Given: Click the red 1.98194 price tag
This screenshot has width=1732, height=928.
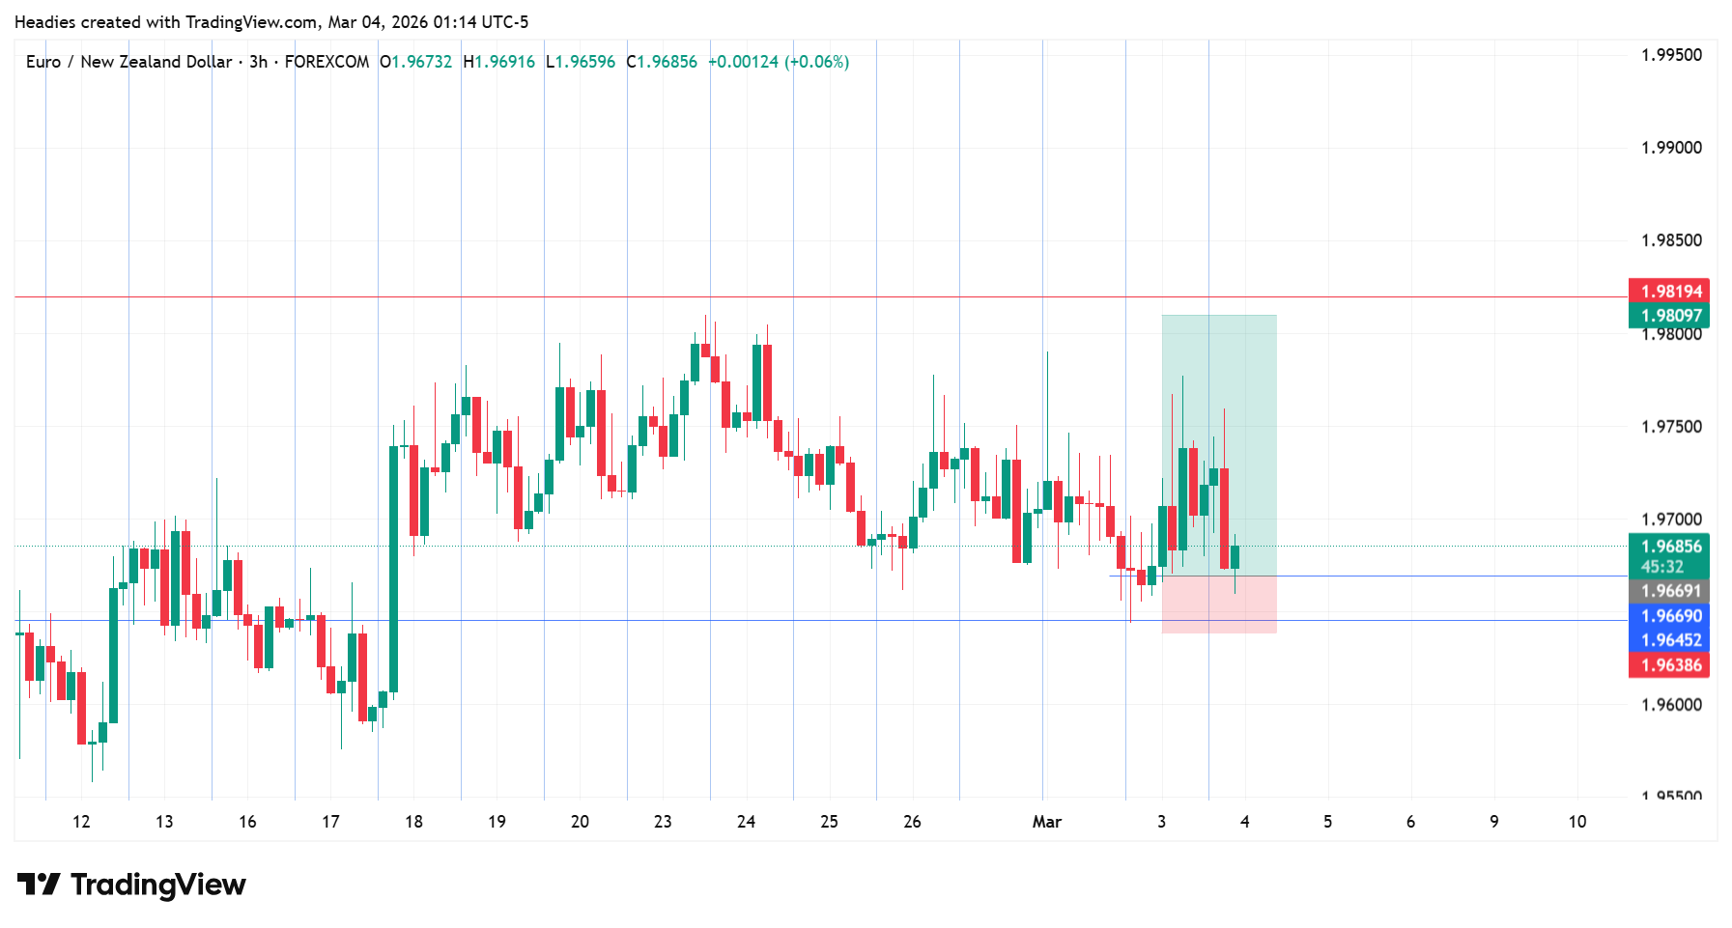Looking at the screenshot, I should (1670, 292).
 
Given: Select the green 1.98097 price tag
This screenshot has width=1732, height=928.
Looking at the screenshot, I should (1670, 316).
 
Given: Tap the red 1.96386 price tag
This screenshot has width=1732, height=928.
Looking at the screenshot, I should (1670, 665).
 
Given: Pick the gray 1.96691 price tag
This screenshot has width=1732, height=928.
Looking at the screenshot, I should (1670, 591).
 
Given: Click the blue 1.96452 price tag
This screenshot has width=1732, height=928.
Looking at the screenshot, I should (1670, 640).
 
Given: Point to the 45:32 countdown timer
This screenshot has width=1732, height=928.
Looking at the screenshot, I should (1661, 567).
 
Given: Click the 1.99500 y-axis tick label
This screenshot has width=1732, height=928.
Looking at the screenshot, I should (1671, 55).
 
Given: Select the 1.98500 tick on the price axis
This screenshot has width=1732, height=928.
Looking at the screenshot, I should (1671, 240).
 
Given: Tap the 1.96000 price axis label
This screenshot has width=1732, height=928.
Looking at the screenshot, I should (1671, 705).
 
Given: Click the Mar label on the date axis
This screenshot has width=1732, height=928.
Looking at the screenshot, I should (1046, 822).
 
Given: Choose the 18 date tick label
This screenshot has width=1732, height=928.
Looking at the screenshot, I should (413, 822).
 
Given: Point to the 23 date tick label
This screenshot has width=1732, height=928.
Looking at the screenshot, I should (663, 822).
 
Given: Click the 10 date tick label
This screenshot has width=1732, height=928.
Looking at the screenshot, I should (1576, 822).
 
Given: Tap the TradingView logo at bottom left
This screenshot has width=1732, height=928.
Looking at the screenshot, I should (131, 885).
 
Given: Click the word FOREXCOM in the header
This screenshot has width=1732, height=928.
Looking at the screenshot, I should (327, 62).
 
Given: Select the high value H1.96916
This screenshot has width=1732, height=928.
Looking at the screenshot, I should (498, 62).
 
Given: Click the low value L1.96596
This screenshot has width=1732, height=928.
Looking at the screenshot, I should (580, 62).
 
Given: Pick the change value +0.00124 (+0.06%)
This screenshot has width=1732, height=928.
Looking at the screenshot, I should (779, 62).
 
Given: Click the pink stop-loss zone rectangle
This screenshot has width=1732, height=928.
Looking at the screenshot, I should (1219, 605).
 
